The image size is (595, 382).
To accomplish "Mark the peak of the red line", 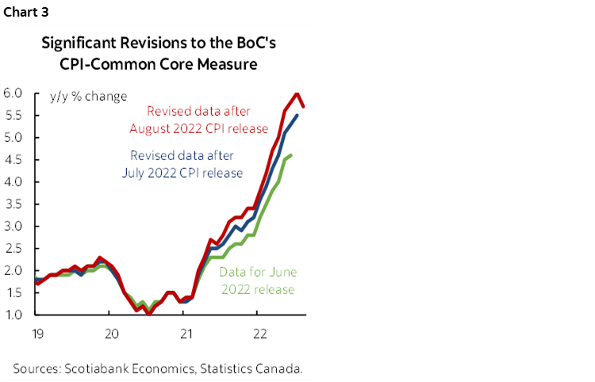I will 297,94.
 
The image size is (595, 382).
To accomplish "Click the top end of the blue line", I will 297,116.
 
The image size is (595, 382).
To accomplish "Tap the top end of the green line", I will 291,155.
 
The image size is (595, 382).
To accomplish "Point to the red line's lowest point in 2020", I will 148,315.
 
